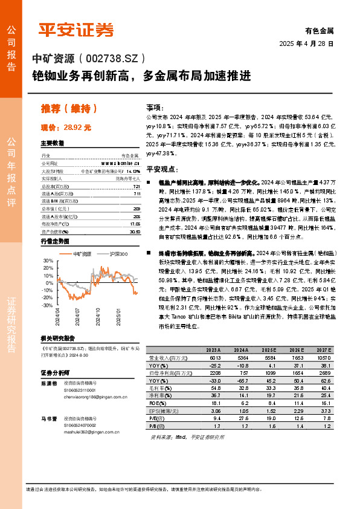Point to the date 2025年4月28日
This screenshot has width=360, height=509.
(307, 44)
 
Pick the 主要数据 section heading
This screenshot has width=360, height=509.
(52, 144)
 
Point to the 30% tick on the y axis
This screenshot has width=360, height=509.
(48, 261)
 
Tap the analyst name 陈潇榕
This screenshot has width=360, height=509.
(49, 384)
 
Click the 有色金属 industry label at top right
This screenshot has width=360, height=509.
(319, 30)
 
